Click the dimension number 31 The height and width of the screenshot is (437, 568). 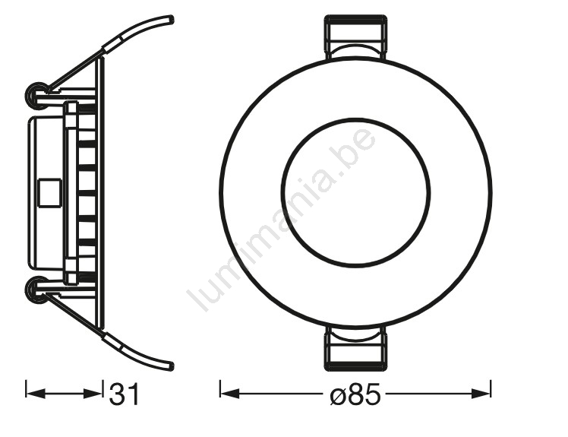pyautogui.click(x=125, y=394)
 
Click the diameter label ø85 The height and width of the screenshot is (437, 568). pyautogui.click(x=355, y=394)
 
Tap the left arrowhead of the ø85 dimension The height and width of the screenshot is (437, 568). pyautogui.click(x=230, y=393)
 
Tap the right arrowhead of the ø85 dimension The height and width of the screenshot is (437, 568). pyautogui.click(x=481, y=393)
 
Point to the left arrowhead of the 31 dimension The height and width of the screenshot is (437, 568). pyautogui.click(x=36, y=393)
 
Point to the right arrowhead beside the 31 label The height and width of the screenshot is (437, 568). pyautogui.click(x=92, y=393)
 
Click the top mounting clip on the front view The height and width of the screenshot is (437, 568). pyautogui.click(x=355, y=36)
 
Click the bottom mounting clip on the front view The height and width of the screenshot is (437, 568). pyautogui.click(x=355, y=348)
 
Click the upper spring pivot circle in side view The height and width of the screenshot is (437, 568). pyautogui.click(x=37, y=94)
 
